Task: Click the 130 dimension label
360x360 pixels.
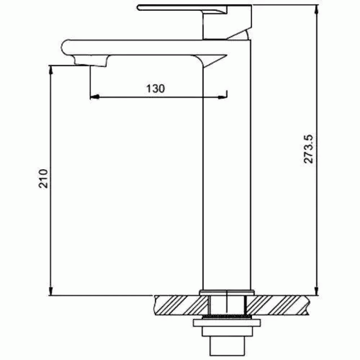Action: [155, 88]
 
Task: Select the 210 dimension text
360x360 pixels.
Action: [43, 179]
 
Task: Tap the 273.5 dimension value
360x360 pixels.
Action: [308, 149]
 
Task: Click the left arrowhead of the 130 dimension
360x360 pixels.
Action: [94, 97]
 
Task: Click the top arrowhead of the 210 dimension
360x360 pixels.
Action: [51, 70]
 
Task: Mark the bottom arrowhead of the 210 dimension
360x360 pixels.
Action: [51, 291]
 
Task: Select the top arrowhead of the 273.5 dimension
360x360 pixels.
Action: [317, 9]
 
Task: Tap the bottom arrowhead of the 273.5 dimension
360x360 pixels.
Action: [317, 291]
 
